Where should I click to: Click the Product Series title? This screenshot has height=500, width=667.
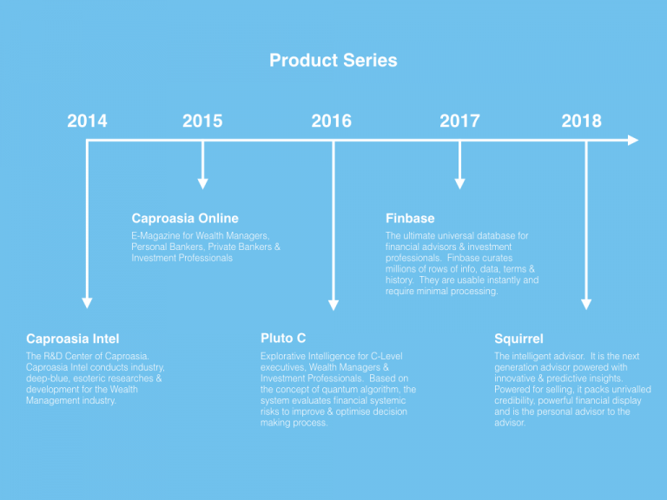tap(333, 61)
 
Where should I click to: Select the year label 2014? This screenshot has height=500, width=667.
tap(87, 121)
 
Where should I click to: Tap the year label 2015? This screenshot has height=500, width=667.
tap(202, 121)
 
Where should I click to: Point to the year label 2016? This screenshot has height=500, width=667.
tap(332, 121)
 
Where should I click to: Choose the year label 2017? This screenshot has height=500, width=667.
tap(459, 121)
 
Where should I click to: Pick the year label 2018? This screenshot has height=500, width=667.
tap(582, 121)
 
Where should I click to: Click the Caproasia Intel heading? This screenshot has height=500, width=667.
tap(73, 339)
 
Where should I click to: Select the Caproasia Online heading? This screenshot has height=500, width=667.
tap(185, 219)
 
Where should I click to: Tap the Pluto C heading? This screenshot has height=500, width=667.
tap(283, 339)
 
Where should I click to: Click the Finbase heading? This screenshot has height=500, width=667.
tap(410, 219)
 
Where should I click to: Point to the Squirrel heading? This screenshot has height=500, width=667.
tap(519, 339)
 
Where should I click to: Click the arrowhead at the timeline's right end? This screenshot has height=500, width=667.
tap(633, 141)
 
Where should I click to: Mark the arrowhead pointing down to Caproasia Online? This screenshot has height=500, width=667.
tap(203, 184)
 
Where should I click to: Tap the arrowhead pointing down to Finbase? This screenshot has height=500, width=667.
tap(459, 184)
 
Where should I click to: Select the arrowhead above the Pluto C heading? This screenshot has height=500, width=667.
tap(333, 305)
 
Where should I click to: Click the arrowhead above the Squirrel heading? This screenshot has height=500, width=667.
tap(586, 305)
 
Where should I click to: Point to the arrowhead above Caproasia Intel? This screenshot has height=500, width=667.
tap(87, 303)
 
